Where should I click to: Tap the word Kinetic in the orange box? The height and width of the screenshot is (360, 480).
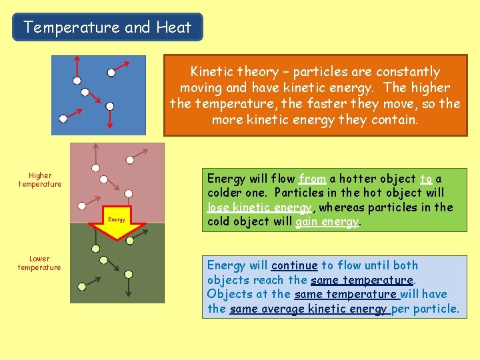tap(213, 71)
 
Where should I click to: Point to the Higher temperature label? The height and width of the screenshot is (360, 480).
tap(40, 180)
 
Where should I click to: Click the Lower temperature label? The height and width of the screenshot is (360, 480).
tap(39, 263)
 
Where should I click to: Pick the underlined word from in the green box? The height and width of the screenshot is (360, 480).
tap(312, 179)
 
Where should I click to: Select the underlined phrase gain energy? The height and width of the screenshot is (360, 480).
tap(327, 221)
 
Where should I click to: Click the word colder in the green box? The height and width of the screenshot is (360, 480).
tap(227, 193)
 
